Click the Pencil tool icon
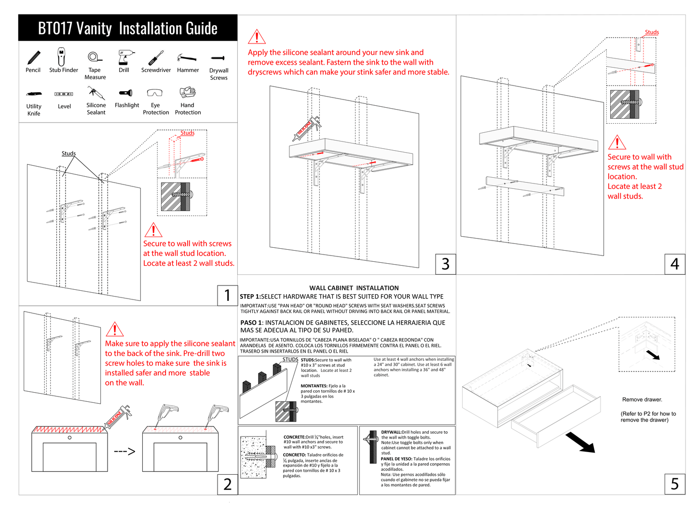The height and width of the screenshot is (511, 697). [x=34, y=57]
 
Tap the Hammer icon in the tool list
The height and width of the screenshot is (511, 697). [x=187, y=58]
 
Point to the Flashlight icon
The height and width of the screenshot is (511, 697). [x=126, y=93]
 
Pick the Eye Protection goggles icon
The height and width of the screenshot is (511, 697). [x=155, y=93]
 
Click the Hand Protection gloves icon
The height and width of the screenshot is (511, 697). [x=187, y=92]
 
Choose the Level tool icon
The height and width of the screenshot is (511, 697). [x=64, y=94]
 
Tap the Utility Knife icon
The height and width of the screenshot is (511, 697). [x=34, y=94]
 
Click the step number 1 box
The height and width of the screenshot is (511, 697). [x=227, y=295]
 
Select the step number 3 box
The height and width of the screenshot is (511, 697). [x=445, y=264]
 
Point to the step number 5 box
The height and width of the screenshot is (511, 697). [x=674, y=483]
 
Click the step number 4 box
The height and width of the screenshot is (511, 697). [x=674, y=264]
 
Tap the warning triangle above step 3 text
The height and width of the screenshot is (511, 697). [x=257, y=37]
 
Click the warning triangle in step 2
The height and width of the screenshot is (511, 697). [x=114, y=329]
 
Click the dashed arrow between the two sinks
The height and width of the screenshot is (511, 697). [x=124, y=452]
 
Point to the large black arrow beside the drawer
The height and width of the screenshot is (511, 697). [x=580, y=442]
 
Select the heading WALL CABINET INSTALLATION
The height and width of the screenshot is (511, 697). [x=354, y=288]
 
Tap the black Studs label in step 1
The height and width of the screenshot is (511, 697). [x=68, y=154]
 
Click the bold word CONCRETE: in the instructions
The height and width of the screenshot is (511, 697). [x=294, y=437]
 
